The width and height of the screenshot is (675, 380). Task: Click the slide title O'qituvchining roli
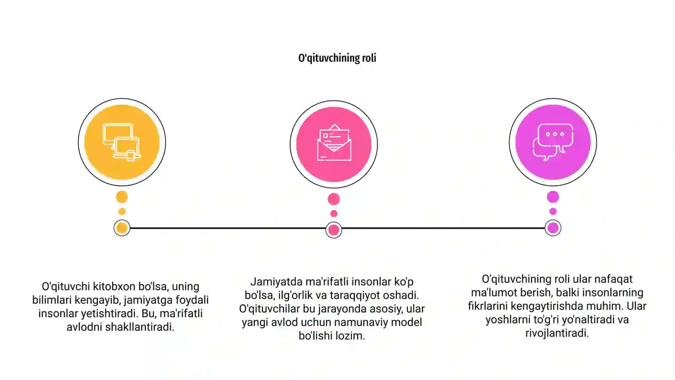pos(337,58)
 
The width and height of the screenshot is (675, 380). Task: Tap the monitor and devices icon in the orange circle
pos(122,142)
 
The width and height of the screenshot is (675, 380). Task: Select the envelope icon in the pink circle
pos(334,143)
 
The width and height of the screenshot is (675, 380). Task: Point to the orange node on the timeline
pos(122,228)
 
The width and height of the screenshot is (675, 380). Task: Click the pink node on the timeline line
pos(334,230)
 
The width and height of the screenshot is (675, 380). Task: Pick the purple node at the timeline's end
pos(553,228)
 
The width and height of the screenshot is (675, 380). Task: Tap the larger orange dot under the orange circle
pos(122,197)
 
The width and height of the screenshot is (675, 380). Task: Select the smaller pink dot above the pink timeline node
pos(334,214)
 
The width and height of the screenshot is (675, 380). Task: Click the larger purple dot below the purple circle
pos(553,197)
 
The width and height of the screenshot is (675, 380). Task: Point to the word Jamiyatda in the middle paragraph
pos(276,282)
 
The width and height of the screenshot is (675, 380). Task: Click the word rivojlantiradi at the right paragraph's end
pos(557,333)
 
